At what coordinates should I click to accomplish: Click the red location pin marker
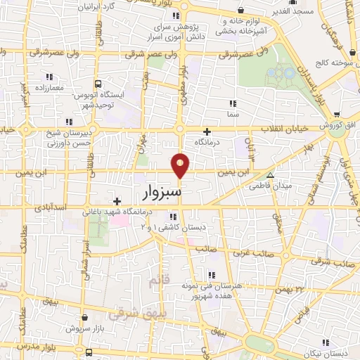181,164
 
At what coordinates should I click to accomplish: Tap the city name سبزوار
162,191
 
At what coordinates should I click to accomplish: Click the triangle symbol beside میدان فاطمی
270,175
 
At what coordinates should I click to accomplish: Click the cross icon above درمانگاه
207,131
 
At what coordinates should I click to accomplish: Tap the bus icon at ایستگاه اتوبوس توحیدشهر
99,82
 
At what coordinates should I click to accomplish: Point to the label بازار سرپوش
84,328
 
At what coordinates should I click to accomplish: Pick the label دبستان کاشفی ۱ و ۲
166,228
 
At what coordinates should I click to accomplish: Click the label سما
232,113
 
